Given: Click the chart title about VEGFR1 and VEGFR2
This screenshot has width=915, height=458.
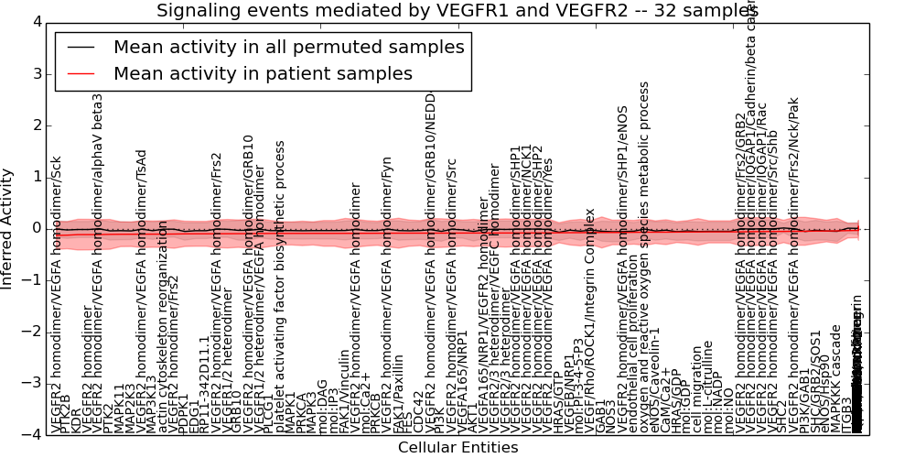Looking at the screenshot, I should pos(457,11).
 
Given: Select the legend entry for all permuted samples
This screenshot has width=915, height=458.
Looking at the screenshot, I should pos(288,47).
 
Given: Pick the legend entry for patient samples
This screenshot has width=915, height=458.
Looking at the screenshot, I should pos(263,73).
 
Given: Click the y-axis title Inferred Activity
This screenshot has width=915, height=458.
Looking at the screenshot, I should pos(8,228).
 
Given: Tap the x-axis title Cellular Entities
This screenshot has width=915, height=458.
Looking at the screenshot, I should pos(457,447).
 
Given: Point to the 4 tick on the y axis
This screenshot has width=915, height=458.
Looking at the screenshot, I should pos(36,23).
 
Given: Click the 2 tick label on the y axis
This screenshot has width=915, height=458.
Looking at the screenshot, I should pos(36,125).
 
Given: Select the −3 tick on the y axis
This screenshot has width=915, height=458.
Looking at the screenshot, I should pos(32,382).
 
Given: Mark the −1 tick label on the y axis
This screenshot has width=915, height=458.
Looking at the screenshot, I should pos(32,279).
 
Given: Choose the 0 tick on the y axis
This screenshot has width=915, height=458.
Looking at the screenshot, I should pos(36,228).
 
